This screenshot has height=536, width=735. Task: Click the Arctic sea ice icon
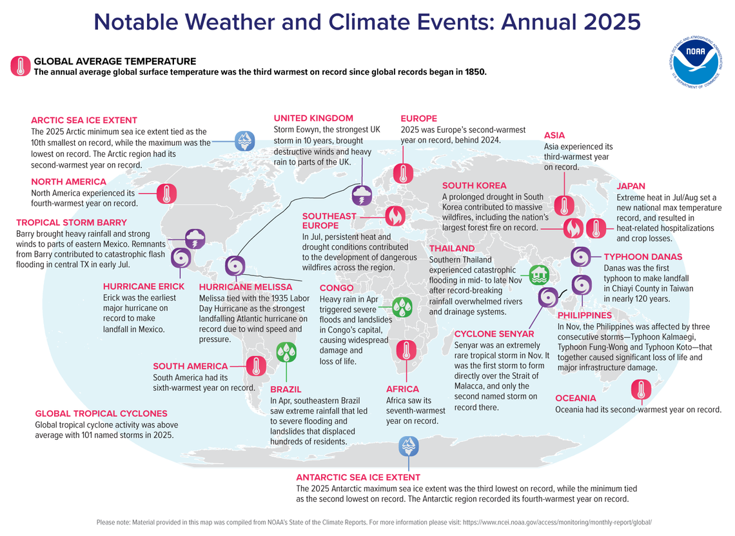(x=244, y=141)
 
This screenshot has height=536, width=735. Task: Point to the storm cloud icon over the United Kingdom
(x=361, y=195)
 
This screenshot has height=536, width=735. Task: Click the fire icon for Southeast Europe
(x=395, y=215)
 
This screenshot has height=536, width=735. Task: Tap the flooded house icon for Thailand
(x=539, y=275)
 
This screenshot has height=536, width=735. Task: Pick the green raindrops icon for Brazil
(x=286, y=352)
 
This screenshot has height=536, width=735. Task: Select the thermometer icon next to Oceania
(x=640, y=390)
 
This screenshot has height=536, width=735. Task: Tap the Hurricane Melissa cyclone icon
(x=235, y=266)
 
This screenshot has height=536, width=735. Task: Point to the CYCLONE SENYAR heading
(x=494, y=333)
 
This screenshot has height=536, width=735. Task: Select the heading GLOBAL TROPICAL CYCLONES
(x=101, y=413)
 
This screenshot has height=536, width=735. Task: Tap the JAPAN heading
(x=631, y=186)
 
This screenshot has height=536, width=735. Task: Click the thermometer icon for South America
(x=257, y=366)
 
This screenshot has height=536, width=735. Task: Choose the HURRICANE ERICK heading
(x=143, y=286)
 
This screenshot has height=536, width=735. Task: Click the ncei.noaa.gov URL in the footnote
(x=560, y=522)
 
